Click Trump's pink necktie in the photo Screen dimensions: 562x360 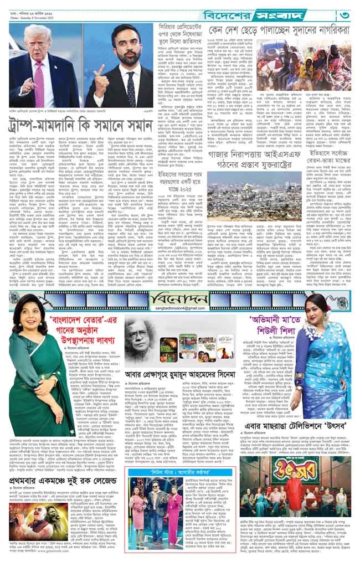(x=39, y=73)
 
